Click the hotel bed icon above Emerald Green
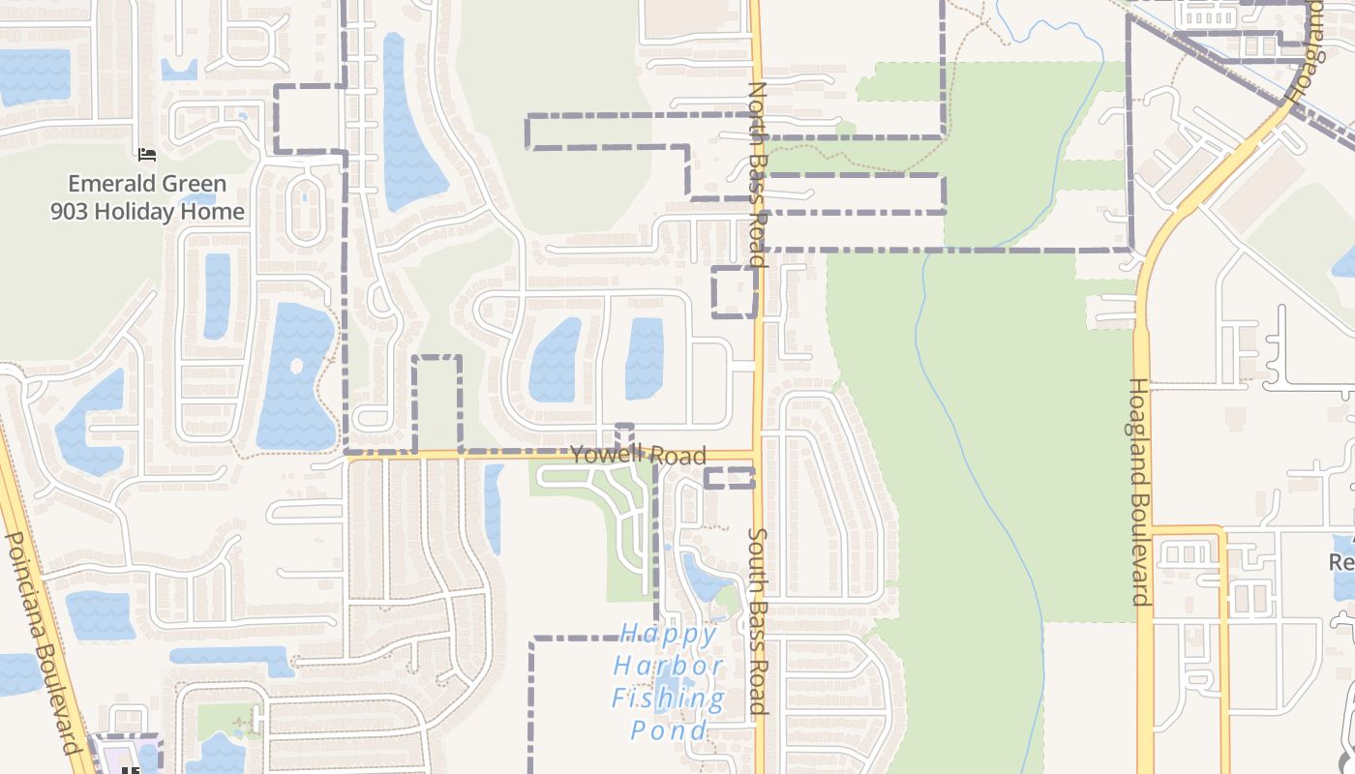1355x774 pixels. coord(146,154)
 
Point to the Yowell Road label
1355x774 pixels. coord(638,456)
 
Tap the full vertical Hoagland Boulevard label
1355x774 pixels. coord(1141,491)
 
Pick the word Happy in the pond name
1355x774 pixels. coord(669,635)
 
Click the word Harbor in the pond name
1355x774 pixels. coord(669,667)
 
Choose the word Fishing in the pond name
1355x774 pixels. coord(669,699)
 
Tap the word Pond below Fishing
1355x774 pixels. coord(669,730)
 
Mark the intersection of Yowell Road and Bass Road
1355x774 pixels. coord(757,455)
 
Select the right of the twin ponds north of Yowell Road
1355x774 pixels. coord(645,358)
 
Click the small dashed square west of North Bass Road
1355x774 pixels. coord(735,291)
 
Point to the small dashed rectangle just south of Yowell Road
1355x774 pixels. coord(729,477)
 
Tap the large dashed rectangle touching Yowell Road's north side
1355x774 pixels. coord(437,404)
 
